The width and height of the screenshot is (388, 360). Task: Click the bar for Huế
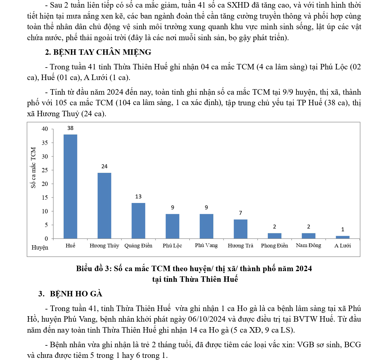pos(70,186)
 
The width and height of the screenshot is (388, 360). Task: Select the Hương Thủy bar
pos(104,205)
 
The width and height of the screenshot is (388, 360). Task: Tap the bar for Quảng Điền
pos(138,221)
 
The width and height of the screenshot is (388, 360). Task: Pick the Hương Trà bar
pos(240,229)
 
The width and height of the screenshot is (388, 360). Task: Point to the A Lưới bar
pos(343,237)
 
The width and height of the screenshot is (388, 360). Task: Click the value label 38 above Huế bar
pos(70,128)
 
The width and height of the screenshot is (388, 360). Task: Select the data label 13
pos(138,197)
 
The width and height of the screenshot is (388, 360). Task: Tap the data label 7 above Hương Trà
pos(240,213)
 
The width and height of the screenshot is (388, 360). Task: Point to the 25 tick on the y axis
pos(45,170)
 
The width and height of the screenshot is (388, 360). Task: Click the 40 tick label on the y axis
pos(45,129)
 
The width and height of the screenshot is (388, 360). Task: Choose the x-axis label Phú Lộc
pos(172,246)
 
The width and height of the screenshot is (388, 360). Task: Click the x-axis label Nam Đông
pos(308,245)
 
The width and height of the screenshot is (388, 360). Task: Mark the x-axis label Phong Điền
pos(274,246)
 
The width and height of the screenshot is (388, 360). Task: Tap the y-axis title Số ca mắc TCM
pos(33,168)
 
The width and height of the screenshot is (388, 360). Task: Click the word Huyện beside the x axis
pos(40,247)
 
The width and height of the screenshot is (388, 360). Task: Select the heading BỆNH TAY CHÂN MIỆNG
pos(102,52)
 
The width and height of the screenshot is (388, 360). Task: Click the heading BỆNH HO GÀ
pos(76,294)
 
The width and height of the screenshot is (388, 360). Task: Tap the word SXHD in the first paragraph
pos(238,5)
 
